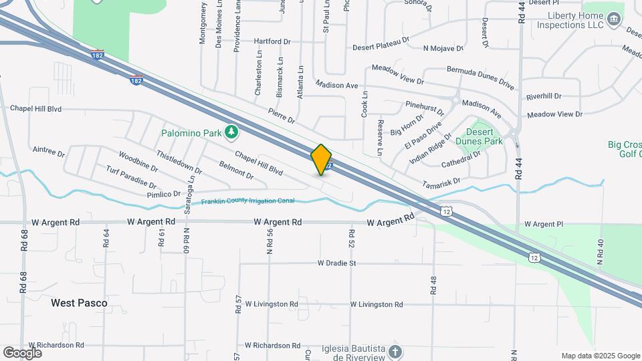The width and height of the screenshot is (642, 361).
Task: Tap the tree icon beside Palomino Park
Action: [231, 132]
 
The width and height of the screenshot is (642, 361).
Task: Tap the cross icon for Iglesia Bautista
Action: [395, 352]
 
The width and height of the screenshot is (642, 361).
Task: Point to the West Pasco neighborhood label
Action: [79, 303]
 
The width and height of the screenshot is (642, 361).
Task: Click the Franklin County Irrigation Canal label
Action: [248, 201]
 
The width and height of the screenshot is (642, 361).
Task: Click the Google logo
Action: [22, 352]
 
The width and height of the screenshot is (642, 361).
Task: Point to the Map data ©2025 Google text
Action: [600, 356]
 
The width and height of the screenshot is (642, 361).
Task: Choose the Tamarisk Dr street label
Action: [441, 182]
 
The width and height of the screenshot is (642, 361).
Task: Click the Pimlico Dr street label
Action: [164, 194]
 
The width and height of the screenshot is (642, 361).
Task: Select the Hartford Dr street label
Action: [272, 41]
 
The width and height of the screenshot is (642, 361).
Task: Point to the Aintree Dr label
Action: [48, 151]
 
